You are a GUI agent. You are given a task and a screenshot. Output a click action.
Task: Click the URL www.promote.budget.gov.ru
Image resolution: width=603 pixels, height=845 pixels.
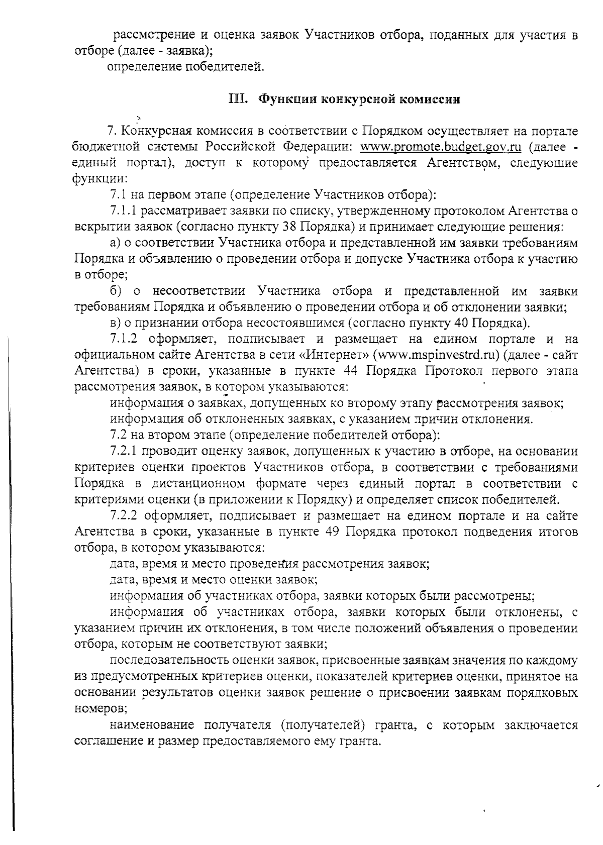(x=440, y=147)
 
